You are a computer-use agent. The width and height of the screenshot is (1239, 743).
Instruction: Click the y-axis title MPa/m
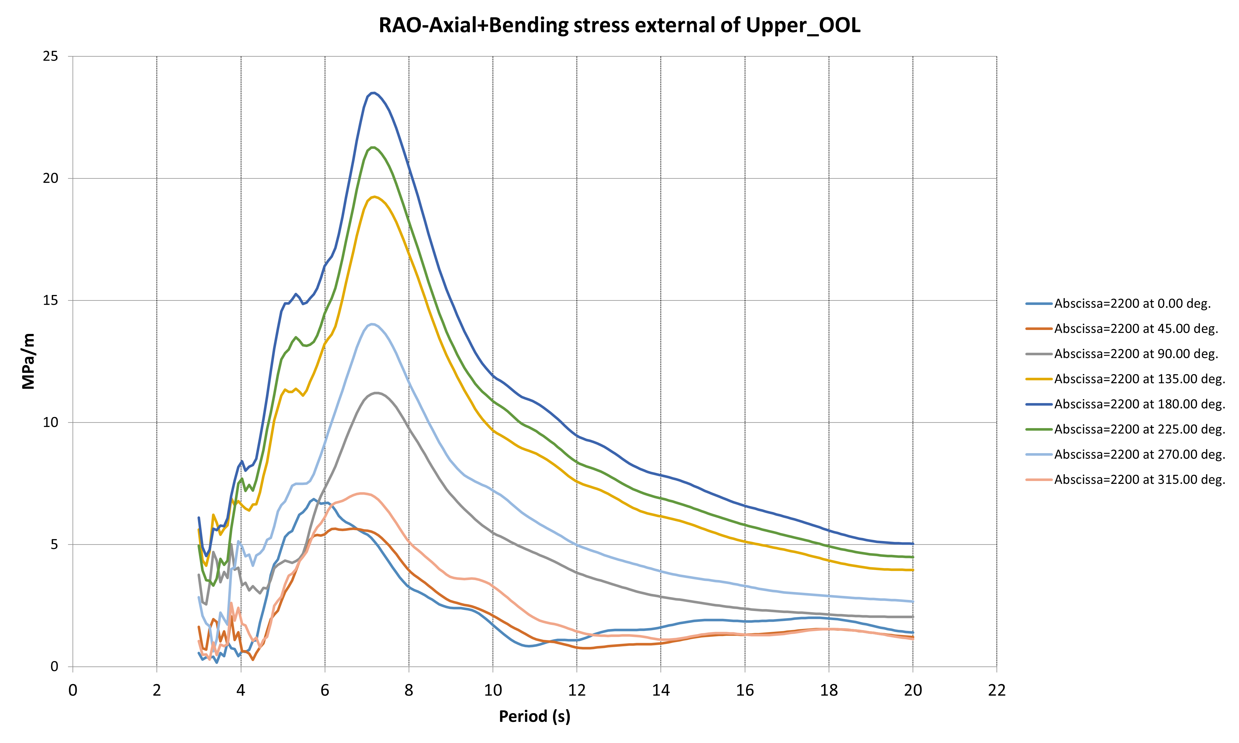point(28,361)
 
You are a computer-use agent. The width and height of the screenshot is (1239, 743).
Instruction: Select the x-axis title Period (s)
point(534,717)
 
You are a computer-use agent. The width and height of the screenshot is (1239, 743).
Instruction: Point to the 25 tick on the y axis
point(51,56)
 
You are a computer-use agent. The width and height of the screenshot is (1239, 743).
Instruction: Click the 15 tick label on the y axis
point(51,300)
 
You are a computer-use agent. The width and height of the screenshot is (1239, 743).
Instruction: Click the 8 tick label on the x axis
point(409,690)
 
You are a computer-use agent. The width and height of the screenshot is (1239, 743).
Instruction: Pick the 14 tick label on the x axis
point(660,690)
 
